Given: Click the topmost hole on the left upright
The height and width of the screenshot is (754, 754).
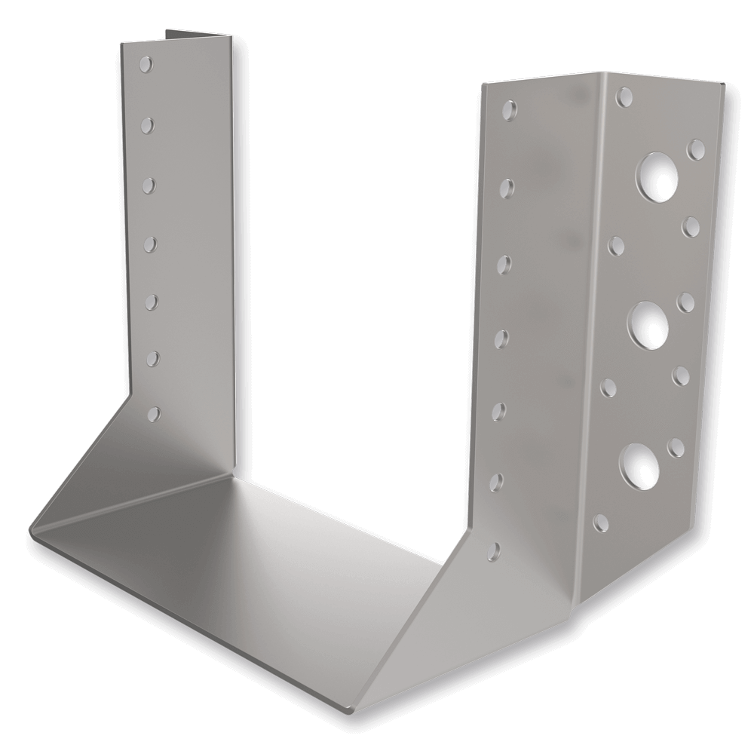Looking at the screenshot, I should [146, 63].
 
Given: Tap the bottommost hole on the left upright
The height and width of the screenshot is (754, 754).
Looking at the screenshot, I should [155, 412].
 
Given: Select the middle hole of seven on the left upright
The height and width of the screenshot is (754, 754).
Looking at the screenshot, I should [150, 243].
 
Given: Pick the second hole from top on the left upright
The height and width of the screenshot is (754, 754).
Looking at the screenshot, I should [147, 122].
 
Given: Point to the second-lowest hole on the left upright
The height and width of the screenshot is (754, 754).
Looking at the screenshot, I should [153, 357].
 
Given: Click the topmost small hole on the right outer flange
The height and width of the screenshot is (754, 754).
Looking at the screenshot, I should [624, 97].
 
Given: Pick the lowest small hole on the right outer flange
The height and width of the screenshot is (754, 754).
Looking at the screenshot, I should [602, 522].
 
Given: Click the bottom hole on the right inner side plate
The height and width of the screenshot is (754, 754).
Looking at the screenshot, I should [493, 550].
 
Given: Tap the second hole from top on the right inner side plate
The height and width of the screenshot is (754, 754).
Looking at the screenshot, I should [507, 185].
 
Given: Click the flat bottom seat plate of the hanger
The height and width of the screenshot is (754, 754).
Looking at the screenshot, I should [249, 558].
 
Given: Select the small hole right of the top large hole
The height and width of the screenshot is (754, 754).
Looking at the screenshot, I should [697, 148].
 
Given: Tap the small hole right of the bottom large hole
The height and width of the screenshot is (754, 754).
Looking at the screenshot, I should [678, 446].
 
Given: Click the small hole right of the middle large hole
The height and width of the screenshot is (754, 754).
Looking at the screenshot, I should [687, 302].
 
